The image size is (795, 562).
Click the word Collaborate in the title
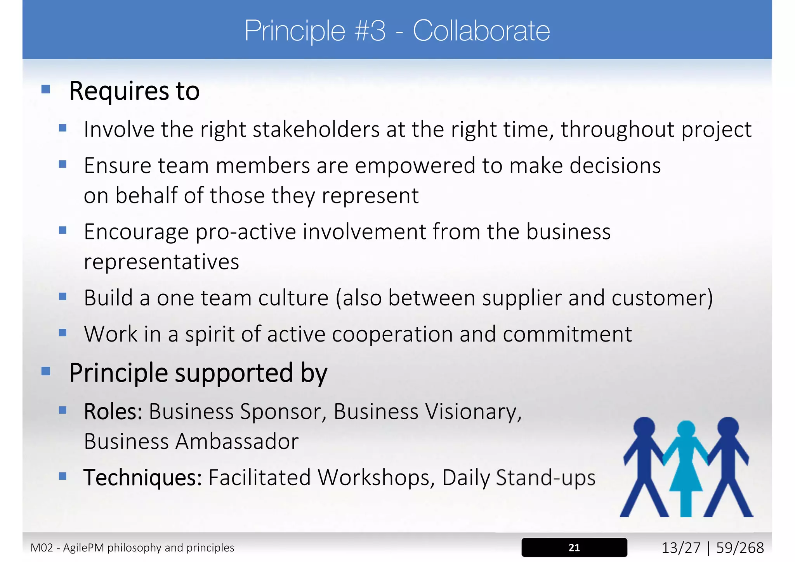coord(481,31)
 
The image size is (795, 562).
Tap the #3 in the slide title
coord(370,31)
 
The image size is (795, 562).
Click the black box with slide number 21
coord(574,547)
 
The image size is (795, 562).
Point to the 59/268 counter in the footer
coord(740,548)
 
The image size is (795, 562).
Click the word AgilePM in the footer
coord(83,548)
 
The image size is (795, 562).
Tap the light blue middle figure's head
coord(686,430)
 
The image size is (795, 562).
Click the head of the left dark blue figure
coord(644,427)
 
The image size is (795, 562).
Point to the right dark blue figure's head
coord(728,427)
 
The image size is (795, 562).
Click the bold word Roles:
coord(113,411)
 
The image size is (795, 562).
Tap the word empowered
coord(415,166)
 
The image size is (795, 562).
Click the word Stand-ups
coord(545,477)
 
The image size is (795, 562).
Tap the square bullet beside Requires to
coord(46,90)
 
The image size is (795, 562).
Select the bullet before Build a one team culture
coord(63,297)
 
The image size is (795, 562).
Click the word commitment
coord(567,334)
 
